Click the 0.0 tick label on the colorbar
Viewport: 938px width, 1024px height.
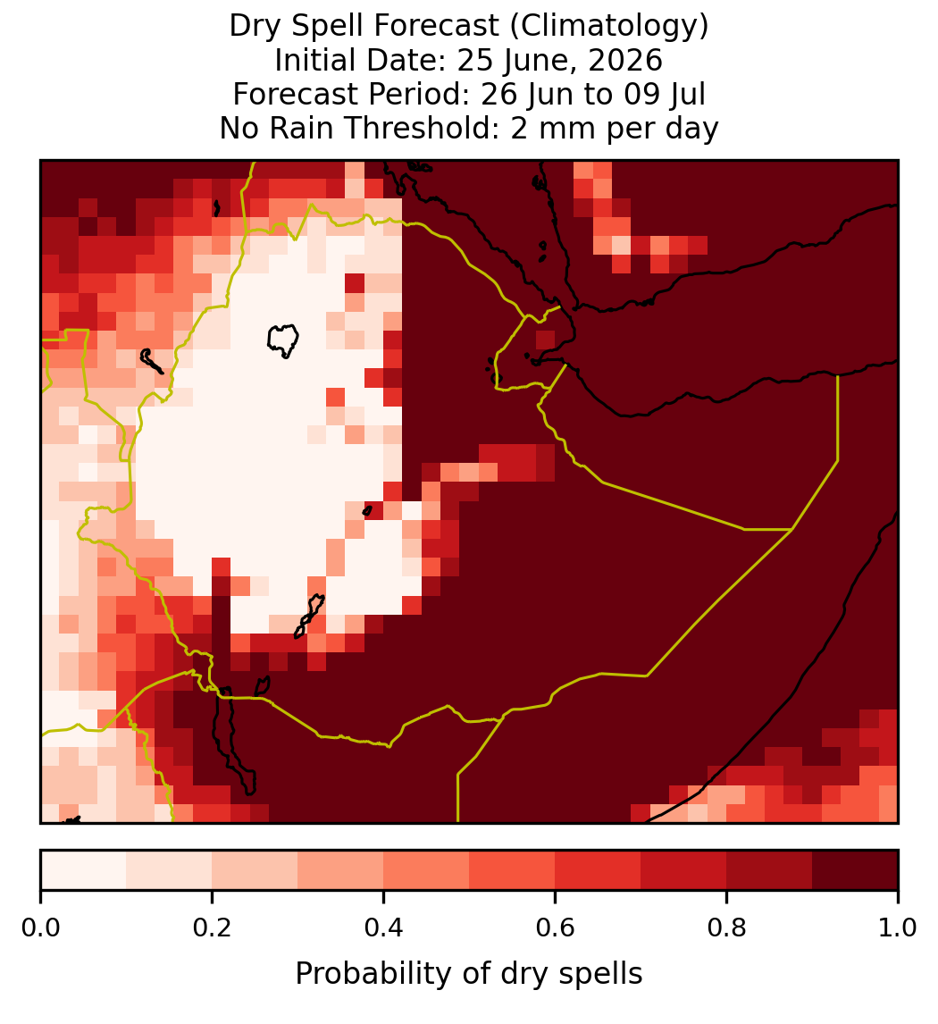point(40,927)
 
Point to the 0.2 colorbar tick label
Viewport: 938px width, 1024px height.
point(212,927)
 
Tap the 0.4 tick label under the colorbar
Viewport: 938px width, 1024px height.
point(384,927)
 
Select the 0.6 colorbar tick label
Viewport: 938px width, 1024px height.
point(556,927)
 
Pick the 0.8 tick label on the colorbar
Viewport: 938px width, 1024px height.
point(727,927)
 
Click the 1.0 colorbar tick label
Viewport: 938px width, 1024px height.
point(898,927)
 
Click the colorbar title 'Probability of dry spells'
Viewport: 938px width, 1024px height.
point(469,974)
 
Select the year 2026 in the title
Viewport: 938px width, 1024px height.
point(625,61)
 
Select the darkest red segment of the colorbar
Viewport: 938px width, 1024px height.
point(855,870)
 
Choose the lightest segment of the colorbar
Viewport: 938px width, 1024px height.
point(84,870)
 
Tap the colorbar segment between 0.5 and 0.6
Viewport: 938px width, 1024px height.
point(513,870)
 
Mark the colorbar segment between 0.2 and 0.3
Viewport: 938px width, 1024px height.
point(255,870)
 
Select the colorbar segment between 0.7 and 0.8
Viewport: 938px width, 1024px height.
point(684,870)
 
